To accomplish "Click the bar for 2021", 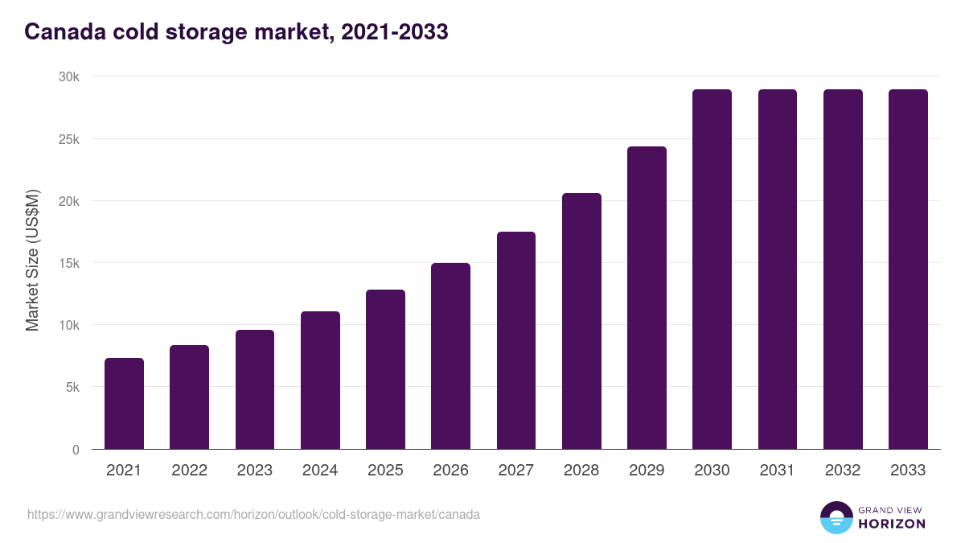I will pos(124,404).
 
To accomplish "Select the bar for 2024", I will pos(320,381).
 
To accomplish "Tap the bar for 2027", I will pos(516,340).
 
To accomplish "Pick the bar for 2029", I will pos(647,298).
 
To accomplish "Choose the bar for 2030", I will pos(712,269).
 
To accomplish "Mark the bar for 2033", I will pos(908,269).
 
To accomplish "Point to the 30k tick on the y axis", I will pos(70,76).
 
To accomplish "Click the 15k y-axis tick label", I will pos(70,263).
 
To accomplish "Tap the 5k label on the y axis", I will pos(72,387).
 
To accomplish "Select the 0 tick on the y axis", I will pos(76,450).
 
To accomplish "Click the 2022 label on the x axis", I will pos(189,471).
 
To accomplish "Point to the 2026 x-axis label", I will pos(450,471).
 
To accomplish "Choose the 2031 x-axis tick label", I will pos(777,471).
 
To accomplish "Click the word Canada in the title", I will pos(62,32).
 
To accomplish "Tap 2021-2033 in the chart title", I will pos(394,32).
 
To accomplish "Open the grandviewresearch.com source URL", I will pos(253,514).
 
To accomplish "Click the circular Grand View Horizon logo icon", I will pos(836,517).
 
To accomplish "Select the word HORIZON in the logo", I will pos(892,524).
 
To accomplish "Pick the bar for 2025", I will pos(385,369).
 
